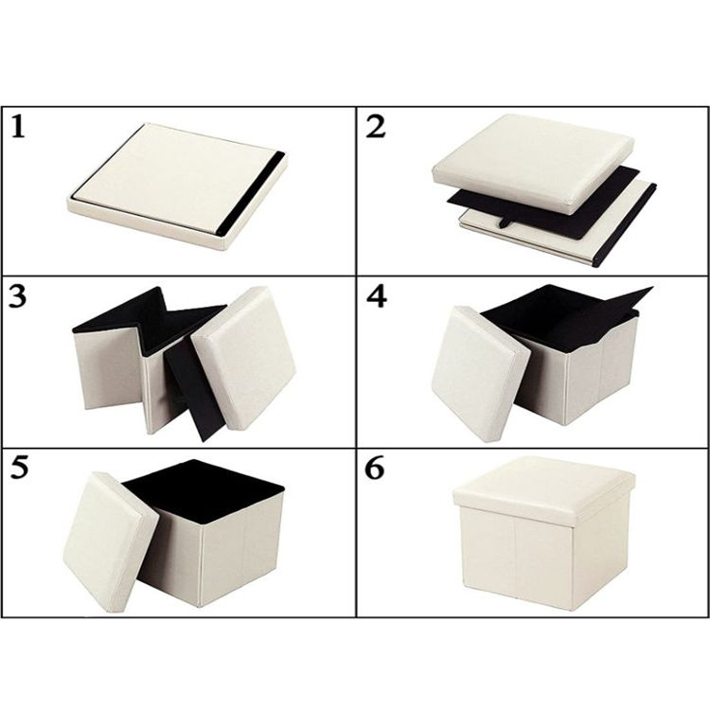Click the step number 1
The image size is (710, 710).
(x=18, y=126)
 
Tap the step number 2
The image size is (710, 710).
(x=376, y=126)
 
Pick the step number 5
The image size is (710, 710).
(x=19, y=468)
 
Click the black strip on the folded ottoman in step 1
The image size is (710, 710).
(x=251, y=192)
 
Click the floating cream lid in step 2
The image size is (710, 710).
(x=533, y=163)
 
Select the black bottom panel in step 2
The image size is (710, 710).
(x=543, y=204)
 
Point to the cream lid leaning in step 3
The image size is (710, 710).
(x=243, y=358)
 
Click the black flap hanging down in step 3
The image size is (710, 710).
(x=195, y=389)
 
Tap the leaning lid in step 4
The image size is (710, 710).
(x=481, y=374)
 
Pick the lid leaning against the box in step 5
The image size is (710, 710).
(x=111, y=541)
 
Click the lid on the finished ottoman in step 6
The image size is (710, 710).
(x=544, y=491)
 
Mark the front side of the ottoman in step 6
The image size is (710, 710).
(x=516, y=557)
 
